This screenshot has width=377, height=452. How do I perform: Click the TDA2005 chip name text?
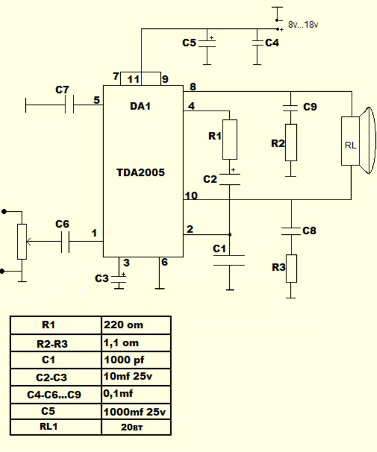tap(140, 172)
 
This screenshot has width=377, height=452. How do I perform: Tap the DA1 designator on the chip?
tap(140, 107)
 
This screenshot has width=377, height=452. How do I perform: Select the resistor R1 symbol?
tap(230, 139)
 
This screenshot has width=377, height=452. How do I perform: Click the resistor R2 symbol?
tap(290, 142)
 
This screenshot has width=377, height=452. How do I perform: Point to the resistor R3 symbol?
tap(290, 268)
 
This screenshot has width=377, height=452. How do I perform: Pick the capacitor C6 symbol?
tap(65, 242)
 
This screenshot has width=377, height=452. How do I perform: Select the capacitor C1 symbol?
tap(229, 261)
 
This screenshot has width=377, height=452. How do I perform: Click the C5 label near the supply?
tap(188, 43)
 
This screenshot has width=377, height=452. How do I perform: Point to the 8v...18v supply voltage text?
tap(303, 25)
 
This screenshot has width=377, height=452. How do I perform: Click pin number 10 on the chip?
tap(191, 195)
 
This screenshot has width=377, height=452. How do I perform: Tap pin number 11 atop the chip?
tap(133, 79)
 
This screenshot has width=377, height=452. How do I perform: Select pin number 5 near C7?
tap(96, 100)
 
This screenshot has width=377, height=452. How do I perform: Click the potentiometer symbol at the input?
tap(22, 241)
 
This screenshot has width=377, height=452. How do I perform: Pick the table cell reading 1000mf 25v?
tap(136, 412)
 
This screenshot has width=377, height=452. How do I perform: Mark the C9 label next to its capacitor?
tap(310, 107)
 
